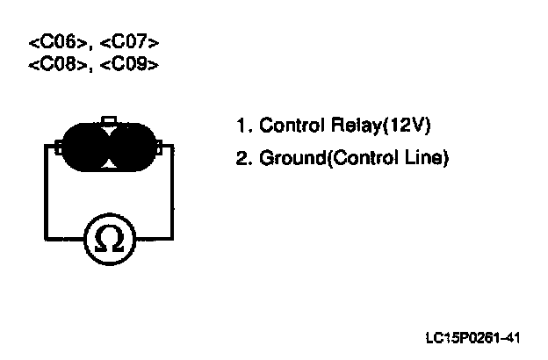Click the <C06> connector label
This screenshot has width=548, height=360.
(60, 42)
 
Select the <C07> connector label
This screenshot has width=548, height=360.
(131, 42)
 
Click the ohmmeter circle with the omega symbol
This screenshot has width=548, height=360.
(109, 240)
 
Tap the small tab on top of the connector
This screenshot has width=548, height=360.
(108, 121)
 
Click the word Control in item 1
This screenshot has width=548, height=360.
(287, 126)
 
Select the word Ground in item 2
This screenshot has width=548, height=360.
(289, 160)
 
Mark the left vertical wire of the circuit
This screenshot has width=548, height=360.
(45, 193)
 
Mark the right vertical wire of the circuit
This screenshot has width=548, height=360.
(172, 193)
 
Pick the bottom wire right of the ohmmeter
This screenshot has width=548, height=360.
(155, 240)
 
